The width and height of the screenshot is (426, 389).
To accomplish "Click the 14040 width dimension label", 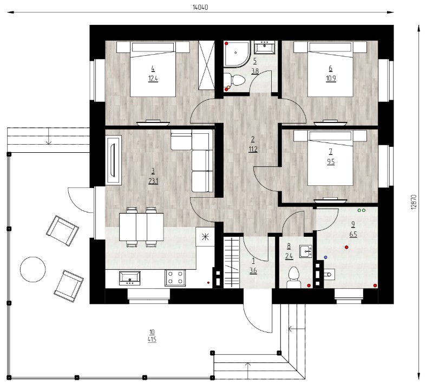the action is coord(200,8).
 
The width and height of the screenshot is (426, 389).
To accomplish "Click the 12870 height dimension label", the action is coord(414,202).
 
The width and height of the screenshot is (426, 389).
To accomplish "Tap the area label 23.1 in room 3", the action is coord(153,181).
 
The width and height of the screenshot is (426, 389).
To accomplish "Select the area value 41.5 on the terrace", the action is coord(152,340).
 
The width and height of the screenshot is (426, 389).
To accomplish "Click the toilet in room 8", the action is coord(294,277).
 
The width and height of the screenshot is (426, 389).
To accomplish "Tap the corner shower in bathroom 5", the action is coord(237,53).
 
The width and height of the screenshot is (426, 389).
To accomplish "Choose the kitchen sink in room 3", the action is coord(130,278).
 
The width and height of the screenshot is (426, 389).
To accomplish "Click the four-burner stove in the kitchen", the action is coord(175,278).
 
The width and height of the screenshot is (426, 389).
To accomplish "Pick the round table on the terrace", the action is coord(33,269).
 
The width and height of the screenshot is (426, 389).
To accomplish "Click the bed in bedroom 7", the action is coord(330,158).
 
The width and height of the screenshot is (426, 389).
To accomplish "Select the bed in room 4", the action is coord(153,69).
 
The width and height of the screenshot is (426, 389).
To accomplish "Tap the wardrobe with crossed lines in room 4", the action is coord(206,65).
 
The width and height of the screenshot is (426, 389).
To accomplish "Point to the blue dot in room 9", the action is coord(326,257).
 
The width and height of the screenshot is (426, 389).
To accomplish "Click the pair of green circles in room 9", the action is coord(362,210).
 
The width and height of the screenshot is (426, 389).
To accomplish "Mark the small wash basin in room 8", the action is coord(306,251).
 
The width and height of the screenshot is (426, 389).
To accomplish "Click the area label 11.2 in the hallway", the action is coord(253,149).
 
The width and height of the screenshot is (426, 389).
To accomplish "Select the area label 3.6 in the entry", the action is coord(253,271).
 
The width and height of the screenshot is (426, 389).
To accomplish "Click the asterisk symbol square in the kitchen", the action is coord(205,237).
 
